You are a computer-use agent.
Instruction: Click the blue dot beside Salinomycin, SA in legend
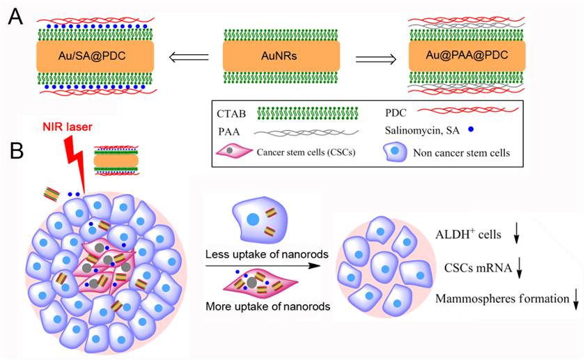[491, 129]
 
